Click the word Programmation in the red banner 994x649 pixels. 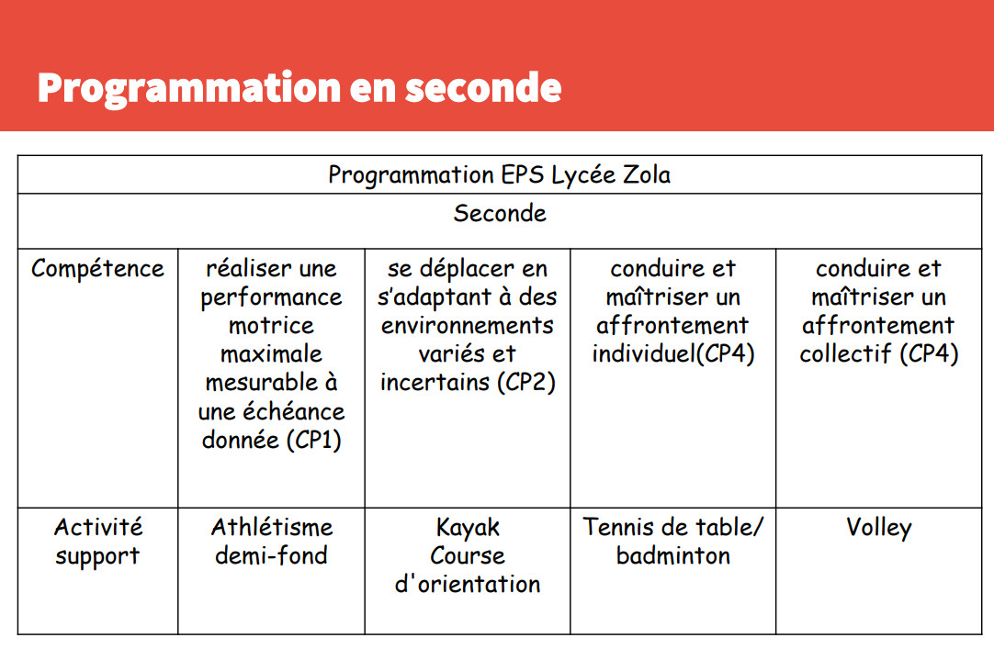tap(189, 89)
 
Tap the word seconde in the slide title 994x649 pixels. tap(484, 89)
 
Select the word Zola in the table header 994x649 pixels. tap(646, 174)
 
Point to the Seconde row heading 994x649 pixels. tap(500, 213)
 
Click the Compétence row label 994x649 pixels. tap(97, 269)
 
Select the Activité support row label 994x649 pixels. tap(97, 542)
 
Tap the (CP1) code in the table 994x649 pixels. tap(314, 440)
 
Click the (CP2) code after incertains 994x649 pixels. tap(526, 383)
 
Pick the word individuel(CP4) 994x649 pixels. tap(673, 354)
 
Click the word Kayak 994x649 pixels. tap(468, 528)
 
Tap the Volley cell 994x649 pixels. tap(878, 528)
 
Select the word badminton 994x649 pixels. tap(673, 556)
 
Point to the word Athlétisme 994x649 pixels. tap(272, 528)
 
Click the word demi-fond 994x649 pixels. tap(271, 556)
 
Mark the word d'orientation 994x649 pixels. tap(468, 585)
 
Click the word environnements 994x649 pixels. tap(468, 326)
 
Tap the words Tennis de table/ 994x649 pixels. tap(673, 528)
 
